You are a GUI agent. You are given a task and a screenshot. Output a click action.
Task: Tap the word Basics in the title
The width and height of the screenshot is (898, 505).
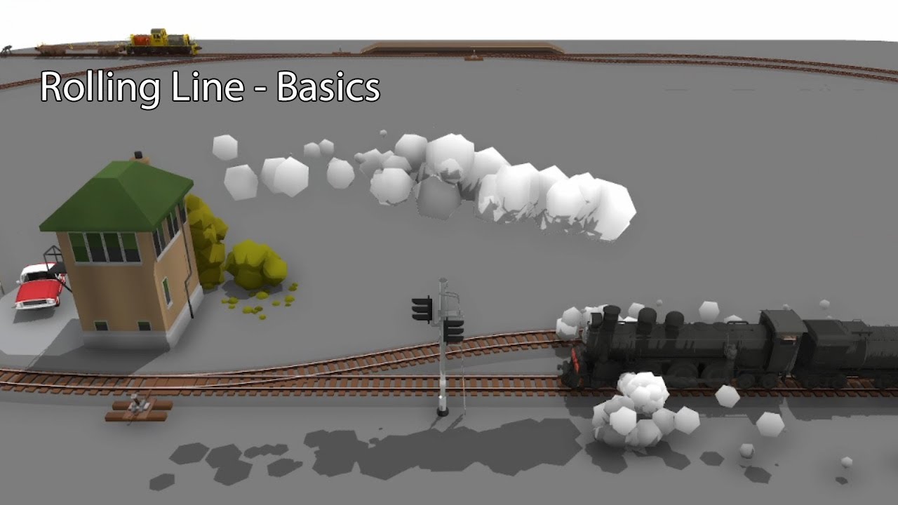pyautogui.click(x=328, y=88)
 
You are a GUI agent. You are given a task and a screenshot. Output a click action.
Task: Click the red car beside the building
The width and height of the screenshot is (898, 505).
pyautogui.click(x=39, y=286)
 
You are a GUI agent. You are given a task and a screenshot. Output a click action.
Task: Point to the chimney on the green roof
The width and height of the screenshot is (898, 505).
pyautogui.click(x=139, y=156)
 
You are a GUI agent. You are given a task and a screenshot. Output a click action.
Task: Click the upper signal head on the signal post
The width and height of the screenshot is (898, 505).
pyautogui.click(x=422, y=309)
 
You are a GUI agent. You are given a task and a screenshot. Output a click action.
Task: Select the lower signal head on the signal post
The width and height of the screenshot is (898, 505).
pyautogui.click(x=453, y=330)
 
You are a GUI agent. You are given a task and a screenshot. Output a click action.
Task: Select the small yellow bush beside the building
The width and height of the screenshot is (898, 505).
pyautogui.click(x=257, y=264)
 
